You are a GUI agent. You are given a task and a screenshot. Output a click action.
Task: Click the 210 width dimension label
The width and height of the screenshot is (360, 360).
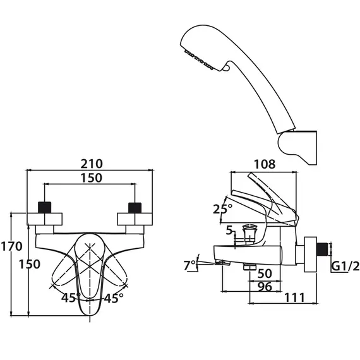pos(92,164)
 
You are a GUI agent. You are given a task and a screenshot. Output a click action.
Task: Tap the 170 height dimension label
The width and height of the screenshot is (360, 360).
pos(12,246)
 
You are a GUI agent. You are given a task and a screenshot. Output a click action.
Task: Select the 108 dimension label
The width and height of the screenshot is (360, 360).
pos(265,164)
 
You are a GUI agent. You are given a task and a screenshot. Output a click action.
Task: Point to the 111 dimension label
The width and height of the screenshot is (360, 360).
pos(294,297)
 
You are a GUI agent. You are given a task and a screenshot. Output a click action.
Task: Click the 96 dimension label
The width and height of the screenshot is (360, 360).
pos(265,287)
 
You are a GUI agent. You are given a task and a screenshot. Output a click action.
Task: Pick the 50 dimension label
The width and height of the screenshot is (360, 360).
pos(265,273)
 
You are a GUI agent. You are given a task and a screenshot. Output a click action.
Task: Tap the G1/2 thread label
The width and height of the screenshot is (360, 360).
pos(345,267)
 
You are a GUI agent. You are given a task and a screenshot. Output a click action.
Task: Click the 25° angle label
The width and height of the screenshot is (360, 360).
pos(222,209)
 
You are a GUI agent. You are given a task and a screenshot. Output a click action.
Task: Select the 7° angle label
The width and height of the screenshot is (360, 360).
pos(189,265)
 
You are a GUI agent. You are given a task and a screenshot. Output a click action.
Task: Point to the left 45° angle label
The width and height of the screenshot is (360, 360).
pos(71,297)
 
